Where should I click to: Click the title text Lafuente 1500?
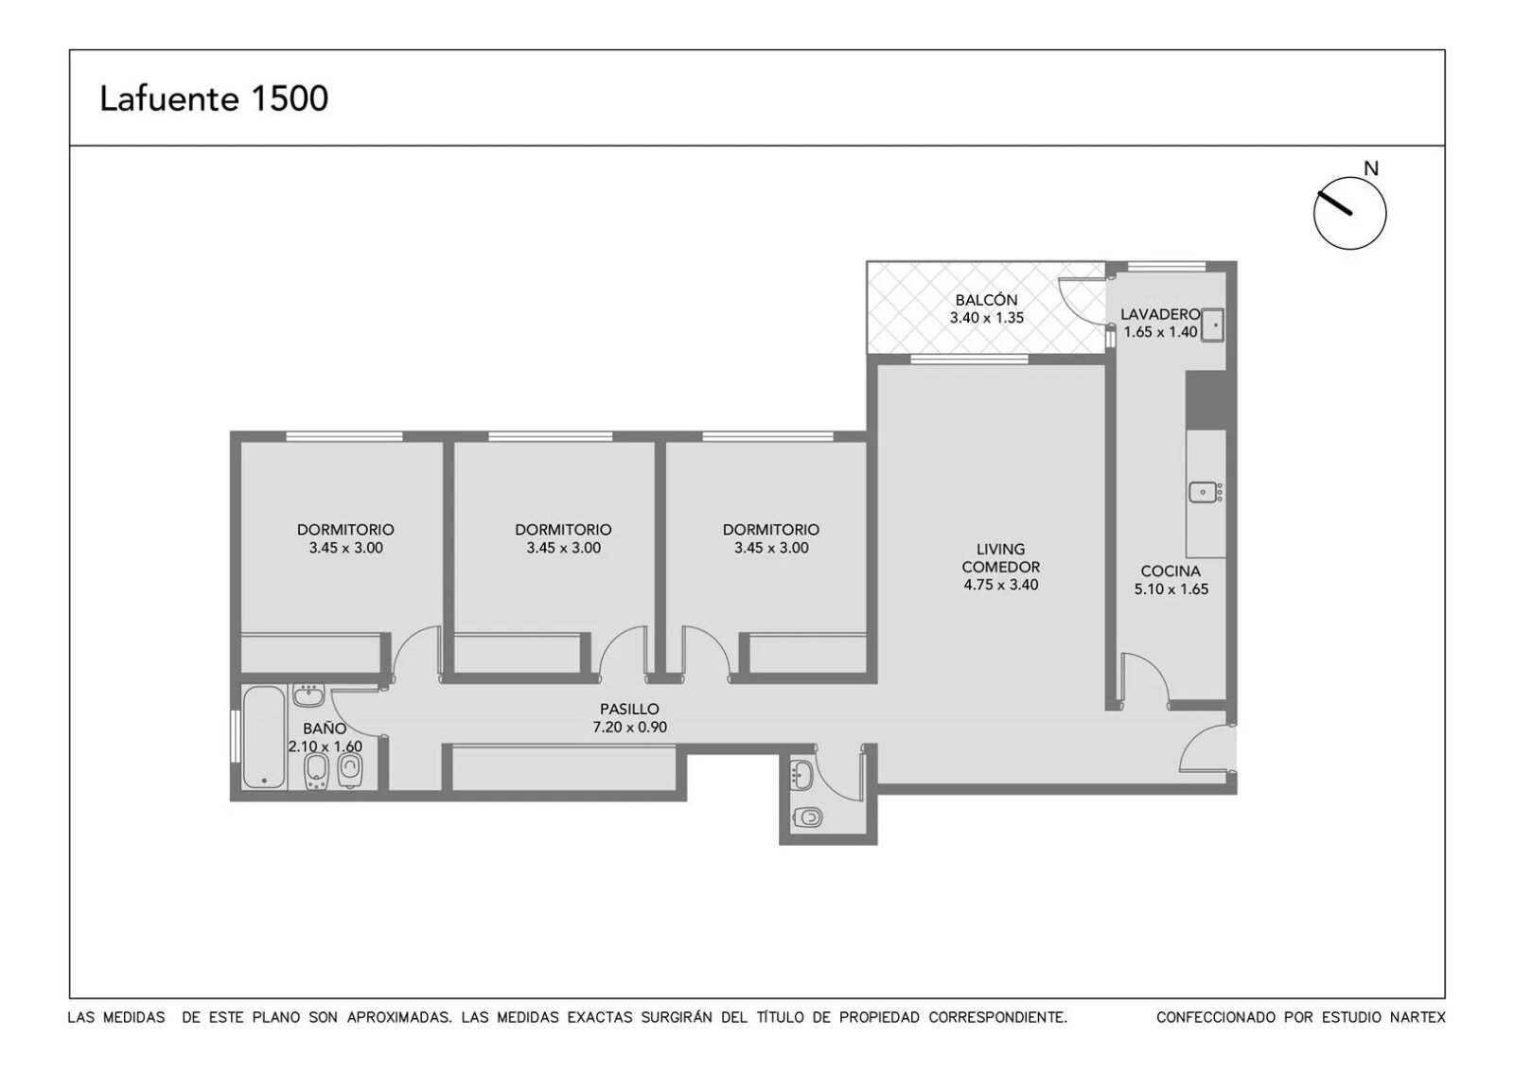(214, 98)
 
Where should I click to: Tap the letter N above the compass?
(1371, 168)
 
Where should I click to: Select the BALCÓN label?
(986, 300)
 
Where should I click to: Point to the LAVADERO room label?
(1160, 314)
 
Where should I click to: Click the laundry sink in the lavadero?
(1212, 325)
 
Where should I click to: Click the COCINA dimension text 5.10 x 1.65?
(1171, 589)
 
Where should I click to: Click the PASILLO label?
(629, 709)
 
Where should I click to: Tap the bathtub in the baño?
(264, 737)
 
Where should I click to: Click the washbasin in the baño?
(308, 695)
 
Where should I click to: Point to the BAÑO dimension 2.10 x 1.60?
(326, 747)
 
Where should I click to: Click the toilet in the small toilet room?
(808, 817)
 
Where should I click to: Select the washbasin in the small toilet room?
(801, 774)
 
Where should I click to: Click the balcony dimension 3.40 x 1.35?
(987, 318)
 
